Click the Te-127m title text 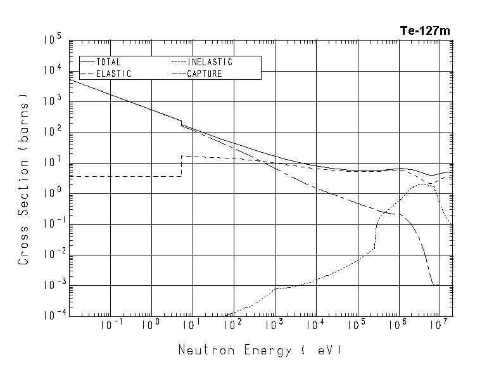pyautogui.click(x=425, y=30)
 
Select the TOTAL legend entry pyautogui.click(x=109, y=62)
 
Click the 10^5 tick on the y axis pyautogui.click(x=52, y=40)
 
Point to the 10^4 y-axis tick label pyautogui.click(x=52, y=70)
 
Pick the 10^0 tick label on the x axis pyautogui.click(x=151, y=325)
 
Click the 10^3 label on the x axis pyautogui.click(x=274, y=325)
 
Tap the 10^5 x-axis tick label pyautogui.click(x=356, y=325)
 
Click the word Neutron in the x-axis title pyautogui.click(x=203, y=350)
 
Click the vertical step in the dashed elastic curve pyautogui.click(x=181, y=166)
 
